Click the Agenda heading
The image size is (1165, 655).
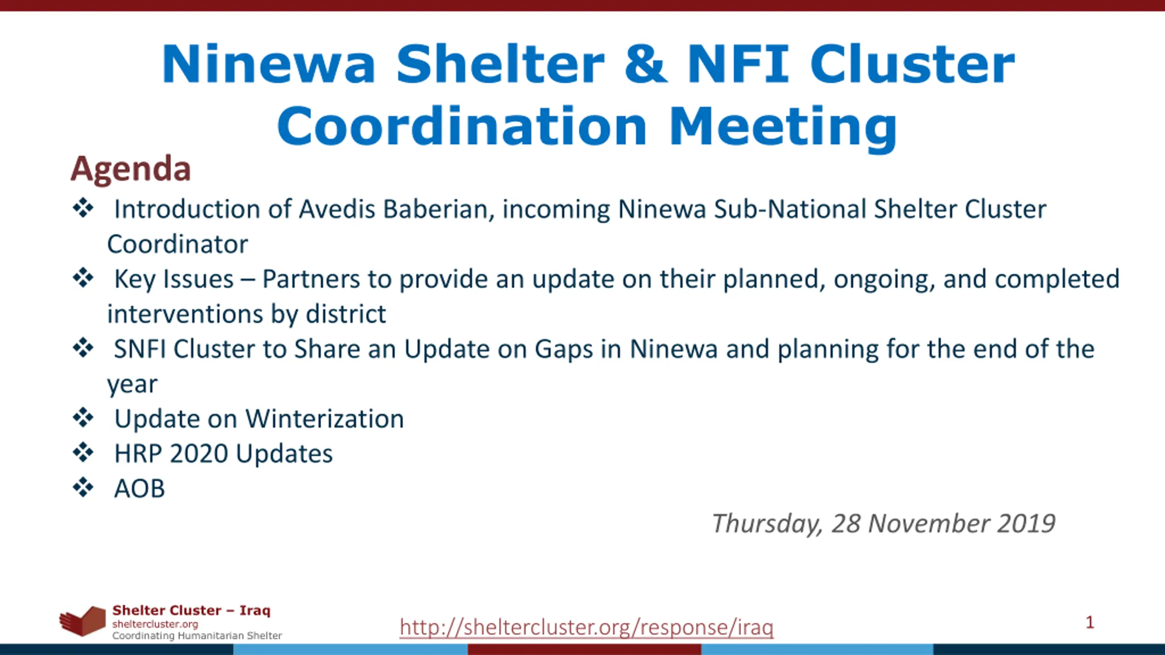click(131, 170)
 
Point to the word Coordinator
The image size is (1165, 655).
click(177, 244)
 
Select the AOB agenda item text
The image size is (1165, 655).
click(139, 489)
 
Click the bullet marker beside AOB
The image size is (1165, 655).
click(83, 488)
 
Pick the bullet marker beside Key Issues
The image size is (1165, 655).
click(83, 278)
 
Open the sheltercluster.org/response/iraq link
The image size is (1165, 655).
click(587, 627)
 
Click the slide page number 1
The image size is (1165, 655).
click(1090, 622)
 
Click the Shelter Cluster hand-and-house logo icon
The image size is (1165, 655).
click(82, 621)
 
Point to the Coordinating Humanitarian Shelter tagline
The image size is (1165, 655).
click(197, 635)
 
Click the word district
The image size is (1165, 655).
click(346, 314)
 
